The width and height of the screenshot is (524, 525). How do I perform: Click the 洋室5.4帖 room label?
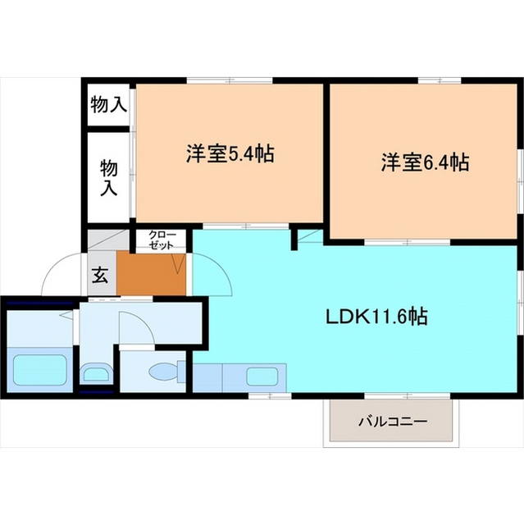[x=229, y=153]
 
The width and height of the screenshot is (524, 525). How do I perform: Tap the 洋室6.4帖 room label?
[x=424, y=162]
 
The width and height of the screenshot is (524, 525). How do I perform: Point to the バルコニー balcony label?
[x=392, y=422]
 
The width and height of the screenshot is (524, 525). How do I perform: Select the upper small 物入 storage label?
[x=109, y=104]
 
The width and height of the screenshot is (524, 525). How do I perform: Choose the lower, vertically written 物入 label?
[x=109, y=178]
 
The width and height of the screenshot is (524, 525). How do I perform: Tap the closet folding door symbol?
[x=179, y=262]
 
